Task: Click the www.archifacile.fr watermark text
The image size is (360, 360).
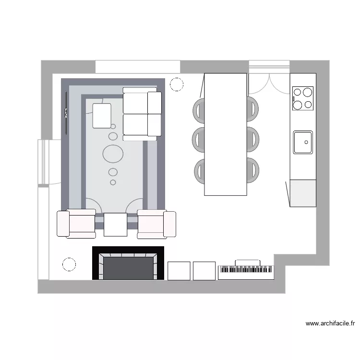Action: point(330,324)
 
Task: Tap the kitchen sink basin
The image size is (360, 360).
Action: point(303,142)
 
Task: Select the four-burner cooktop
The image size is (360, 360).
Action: point(302,98)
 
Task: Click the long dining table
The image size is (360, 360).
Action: point(226,134)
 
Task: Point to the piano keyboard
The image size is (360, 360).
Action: point(246,272)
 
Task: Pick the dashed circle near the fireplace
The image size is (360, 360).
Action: point(69,264)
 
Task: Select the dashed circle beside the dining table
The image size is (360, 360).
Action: point(177,84)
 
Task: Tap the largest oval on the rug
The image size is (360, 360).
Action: point(113,154)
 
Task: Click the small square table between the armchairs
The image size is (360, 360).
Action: point(115,225)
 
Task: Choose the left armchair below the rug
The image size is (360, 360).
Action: point(76,224)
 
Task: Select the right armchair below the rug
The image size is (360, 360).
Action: point(156,224)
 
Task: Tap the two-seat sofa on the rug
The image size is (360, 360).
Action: point(142,114)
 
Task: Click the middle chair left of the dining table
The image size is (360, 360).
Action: point(198,139)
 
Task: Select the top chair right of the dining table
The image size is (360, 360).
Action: point(253,108)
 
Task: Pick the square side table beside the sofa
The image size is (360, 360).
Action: point(102,116)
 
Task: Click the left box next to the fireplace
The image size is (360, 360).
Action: point(179,271)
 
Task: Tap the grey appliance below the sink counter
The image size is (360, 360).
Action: point(303,193)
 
